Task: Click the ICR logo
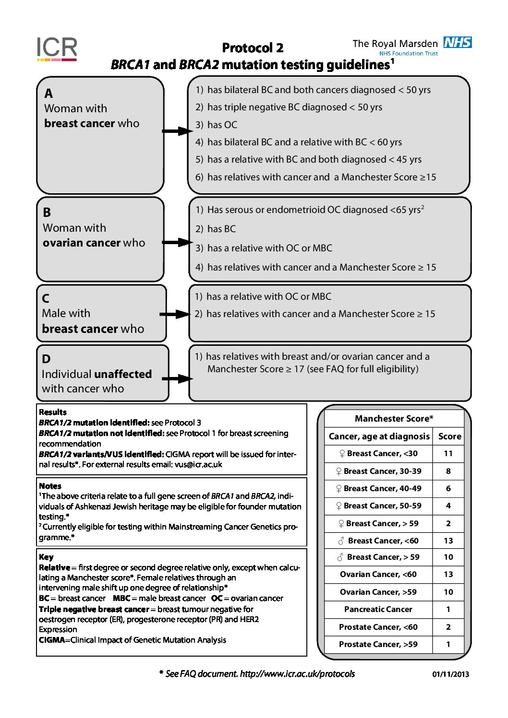(x=57, y=49)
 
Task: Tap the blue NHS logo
(x=457, y=43)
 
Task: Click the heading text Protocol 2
(x=253, y=48)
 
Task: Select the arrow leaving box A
(x=177, y=131)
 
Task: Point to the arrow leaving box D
(x=177, y=379)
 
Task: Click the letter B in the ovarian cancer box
(x=47, y=212)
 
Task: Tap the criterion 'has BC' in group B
(x=221, y=229)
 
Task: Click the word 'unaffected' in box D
(x=123, y=374)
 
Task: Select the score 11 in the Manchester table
(x=448, y=453)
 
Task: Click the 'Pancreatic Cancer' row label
(x=378, y=609)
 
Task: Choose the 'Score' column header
(x=449, y=436)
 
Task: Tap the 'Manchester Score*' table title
(x=394, y=418)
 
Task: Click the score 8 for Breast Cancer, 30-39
(x=448, y=471)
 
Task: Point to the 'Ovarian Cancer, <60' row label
(x=378, y=574)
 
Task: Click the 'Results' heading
(x=53, y=412)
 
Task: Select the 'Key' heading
(x=46, y=557)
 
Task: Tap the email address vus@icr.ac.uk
(x=198, y=464)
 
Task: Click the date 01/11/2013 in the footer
(x=450, y=674)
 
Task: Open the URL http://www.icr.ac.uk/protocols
(x=297, y=674)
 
